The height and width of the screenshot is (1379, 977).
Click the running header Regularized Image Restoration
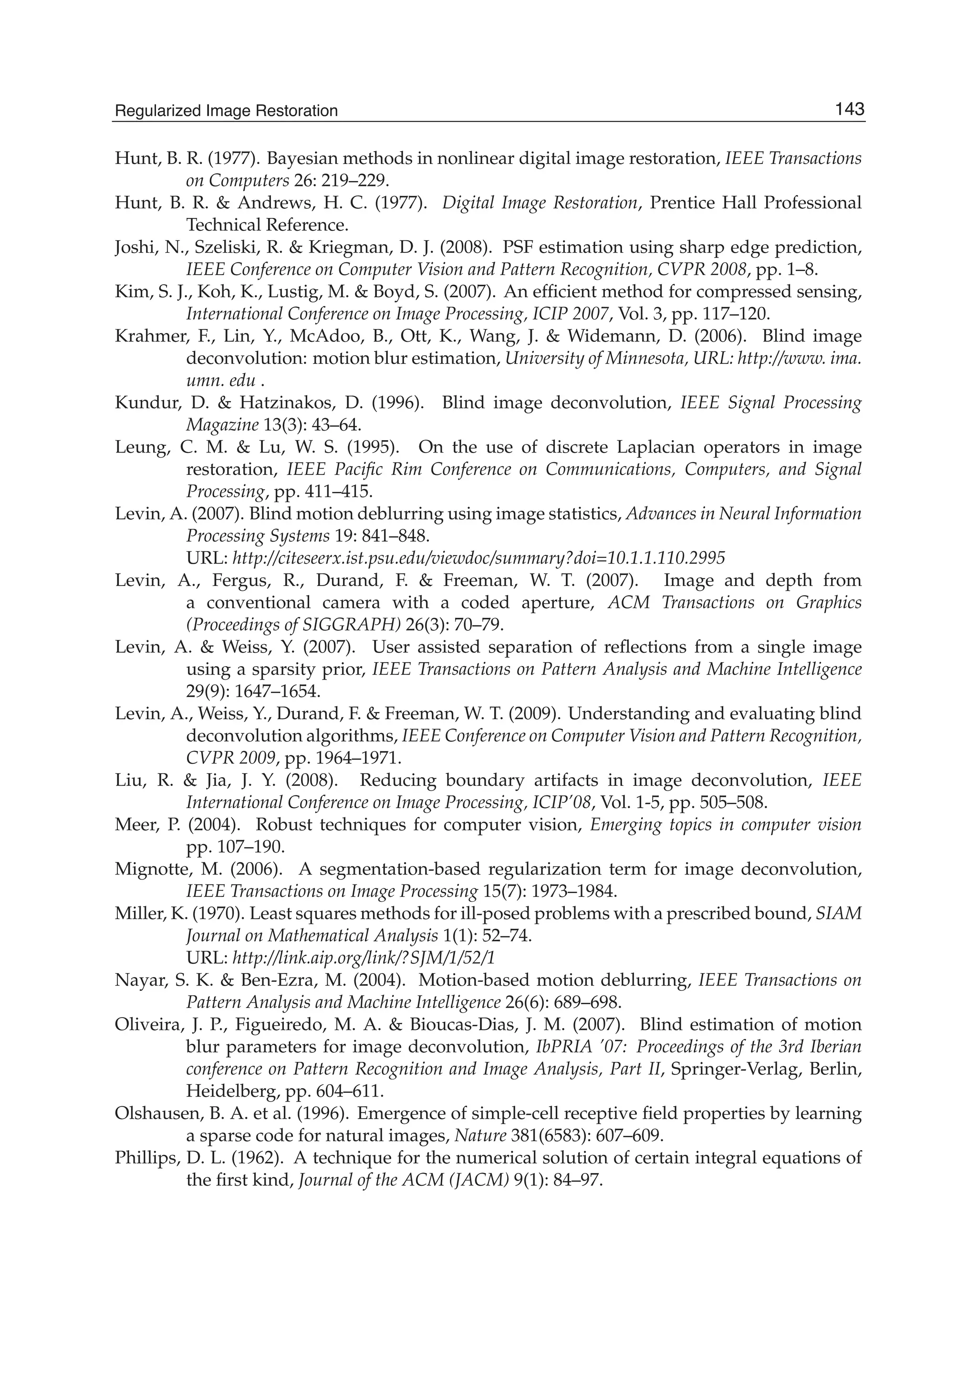tap(226, 111)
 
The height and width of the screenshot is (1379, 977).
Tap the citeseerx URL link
tap(478, 558)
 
